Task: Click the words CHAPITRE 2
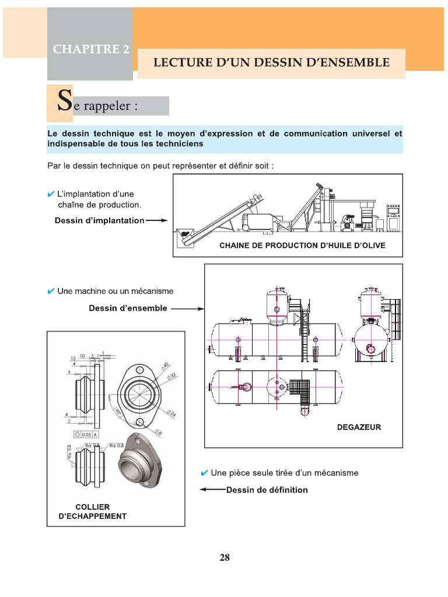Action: coord(91,50)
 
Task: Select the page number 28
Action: coord(225,557)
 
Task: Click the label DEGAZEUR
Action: coord(359,427)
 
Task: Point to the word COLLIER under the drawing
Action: coord(92,507)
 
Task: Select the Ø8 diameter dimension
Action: coord(159,432)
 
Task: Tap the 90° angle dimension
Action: coord(119,413)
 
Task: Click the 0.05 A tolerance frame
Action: coord(86,434)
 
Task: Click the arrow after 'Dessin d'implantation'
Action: coord(156,221)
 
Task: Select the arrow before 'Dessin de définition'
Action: coord(212,490)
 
